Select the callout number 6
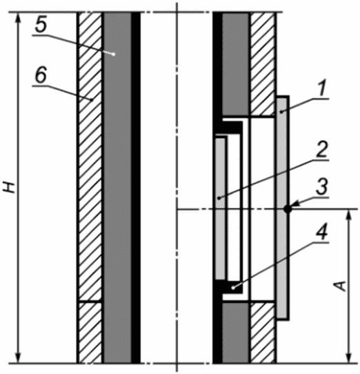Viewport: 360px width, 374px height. (x=41, y=75)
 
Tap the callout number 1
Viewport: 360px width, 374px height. (x=322, y=89)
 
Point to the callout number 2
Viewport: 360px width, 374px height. (x=322, y=150)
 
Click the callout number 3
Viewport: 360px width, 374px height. (x=322, y=187)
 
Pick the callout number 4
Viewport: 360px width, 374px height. (x=322, y=232)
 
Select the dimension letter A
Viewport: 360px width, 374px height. (x=341, y=286)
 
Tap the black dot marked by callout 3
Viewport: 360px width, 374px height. (x=288, y=209)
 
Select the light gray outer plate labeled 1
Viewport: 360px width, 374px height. (x=283, y=208)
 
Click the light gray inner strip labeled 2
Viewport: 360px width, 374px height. (x=220, y=209)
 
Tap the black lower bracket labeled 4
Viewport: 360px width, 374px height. (x=229, y=288)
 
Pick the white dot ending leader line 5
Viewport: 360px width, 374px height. (x=114, y=54)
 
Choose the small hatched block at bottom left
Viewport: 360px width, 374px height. (x=90, y=333)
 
